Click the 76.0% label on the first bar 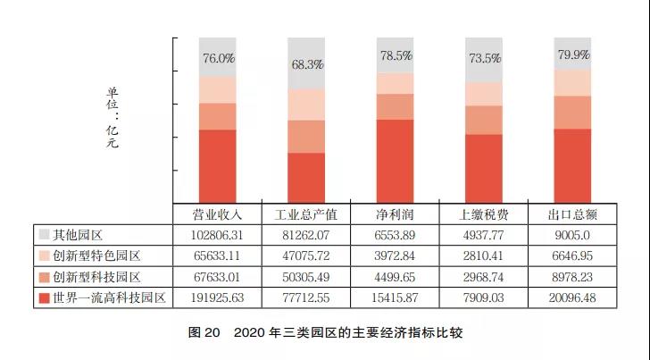218,59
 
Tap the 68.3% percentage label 305,65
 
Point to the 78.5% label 395,55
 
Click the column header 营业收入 218,214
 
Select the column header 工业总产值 305,214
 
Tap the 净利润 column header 395,214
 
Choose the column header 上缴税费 483,214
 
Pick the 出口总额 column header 571,214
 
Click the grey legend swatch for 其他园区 44,235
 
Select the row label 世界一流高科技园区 109,297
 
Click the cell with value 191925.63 218,297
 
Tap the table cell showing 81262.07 305,235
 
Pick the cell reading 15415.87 395,297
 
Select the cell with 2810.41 483,255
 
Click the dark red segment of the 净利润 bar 395,161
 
